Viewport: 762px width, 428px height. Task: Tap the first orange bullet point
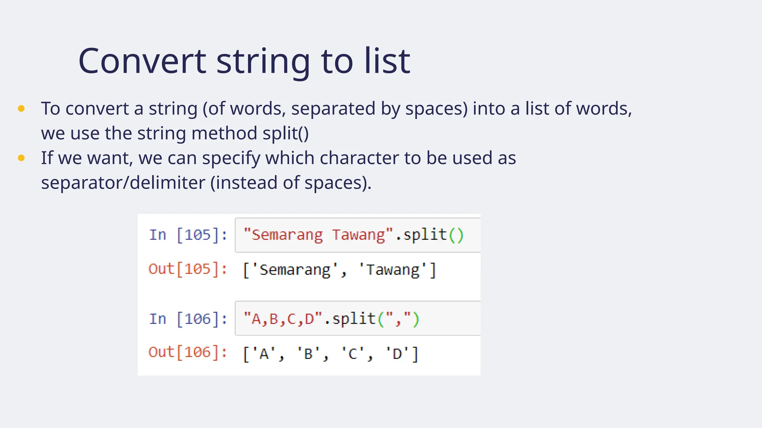21,108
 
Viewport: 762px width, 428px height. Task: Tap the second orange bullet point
21,158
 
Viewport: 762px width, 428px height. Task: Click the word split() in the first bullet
285,133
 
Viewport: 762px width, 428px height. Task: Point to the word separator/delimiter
123,183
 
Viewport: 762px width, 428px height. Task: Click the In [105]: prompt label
188,235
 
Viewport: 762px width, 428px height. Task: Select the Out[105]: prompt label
188,269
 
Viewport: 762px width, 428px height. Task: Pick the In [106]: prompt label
188,319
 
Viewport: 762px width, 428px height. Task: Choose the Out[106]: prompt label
188,352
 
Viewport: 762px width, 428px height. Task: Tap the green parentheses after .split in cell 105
456,235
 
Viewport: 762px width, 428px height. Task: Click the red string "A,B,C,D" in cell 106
283,319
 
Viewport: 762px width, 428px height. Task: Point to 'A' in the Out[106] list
264,354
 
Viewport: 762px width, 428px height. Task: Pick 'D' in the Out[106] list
397,354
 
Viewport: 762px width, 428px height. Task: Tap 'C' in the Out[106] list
353,354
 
